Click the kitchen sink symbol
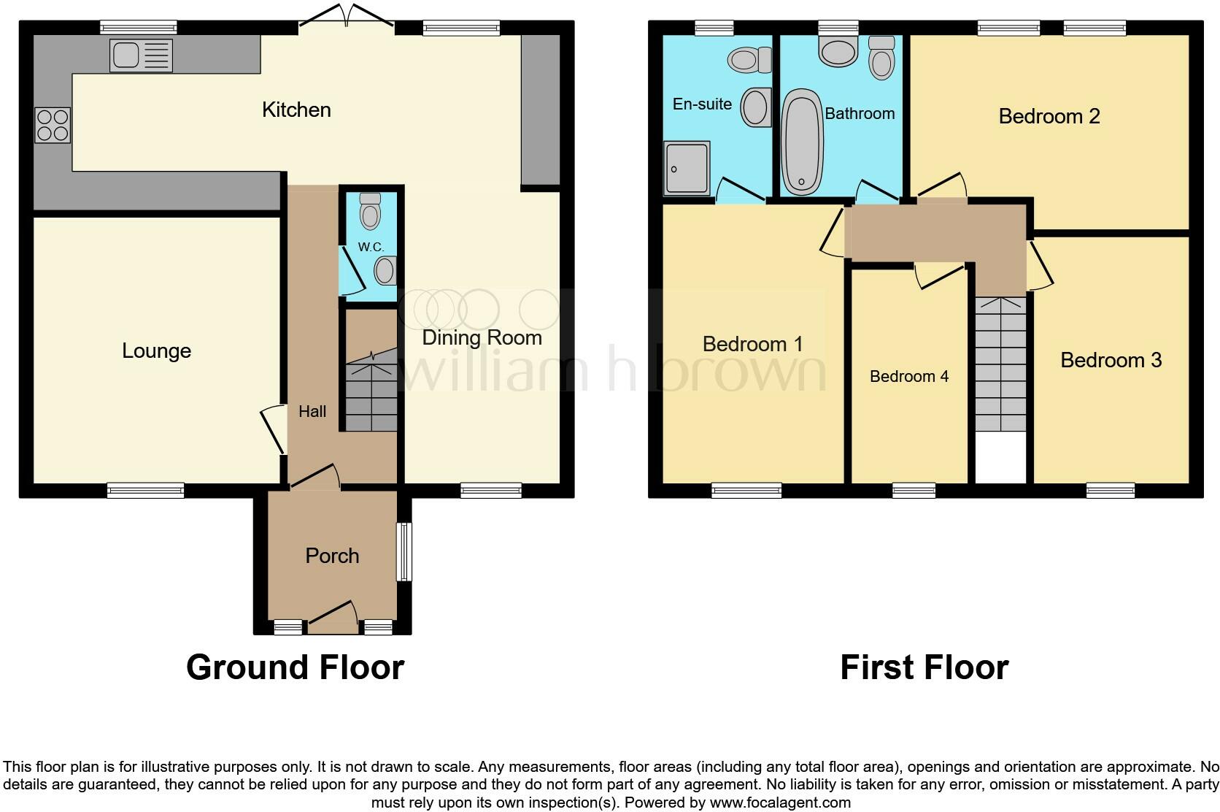pyautogui.click(x=141, y=55)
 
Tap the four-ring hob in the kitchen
pyautogui.click(x=53, y=125)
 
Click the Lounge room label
pyautogui.click(x=156, y=351)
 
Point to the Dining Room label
pyautogui.click(x=482, y=338)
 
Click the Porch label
pyautogui.click(x=332, y=556)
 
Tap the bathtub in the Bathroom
pyautogui.click(x=802, y=142)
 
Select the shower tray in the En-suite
pyautogui.click(x=687, y=168)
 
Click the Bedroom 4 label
pyautogui.click(x=908, y=377)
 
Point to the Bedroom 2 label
pyautogui.click(x=1049, y=116)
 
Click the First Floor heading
pyautogui.click(x=924, y=667)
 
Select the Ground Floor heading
pyautogui.click(x=295, y=667)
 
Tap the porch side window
pyautogui.click(x=404, y=551)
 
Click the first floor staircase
pyautogui.click(x=1000, y=365)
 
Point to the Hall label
pyautogui.click(x=312, y=412)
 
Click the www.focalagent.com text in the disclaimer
pyautogui.click(x=780, y=803)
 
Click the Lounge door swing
pyautogui.click(x=272, y=429)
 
